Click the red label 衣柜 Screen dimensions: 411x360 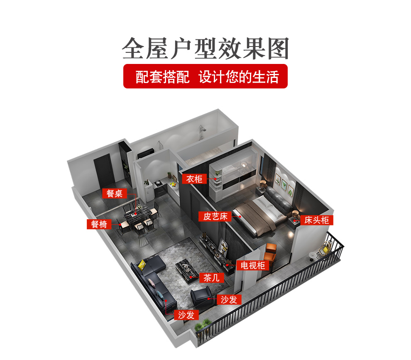click(x=194, y=179)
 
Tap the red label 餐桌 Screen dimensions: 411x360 click(x=115, y=193)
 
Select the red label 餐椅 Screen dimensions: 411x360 click(x=99, y=224)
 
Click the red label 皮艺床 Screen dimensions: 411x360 click(x=215, y=217)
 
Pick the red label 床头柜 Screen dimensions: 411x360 click(x=316, y=220)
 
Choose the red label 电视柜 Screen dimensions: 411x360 click(x=253, y=265)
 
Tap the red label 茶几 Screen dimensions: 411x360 click(x=212, y=277)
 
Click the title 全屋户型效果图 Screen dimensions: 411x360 click(x=205, y=49)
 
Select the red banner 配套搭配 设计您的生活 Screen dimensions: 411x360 click(x=205, y=76)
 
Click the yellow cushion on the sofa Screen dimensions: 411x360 click(x=142, y=264)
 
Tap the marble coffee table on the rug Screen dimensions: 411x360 click(x=187, y=270)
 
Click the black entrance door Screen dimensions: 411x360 click(x=104, y=170)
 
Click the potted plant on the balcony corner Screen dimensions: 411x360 click(x=202, y=326)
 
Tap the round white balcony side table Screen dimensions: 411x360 click(x=313, y=255)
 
